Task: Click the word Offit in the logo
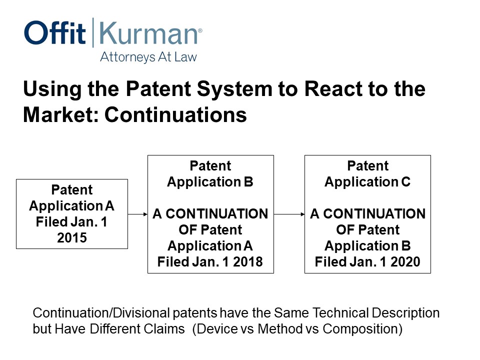(x=55, y=32)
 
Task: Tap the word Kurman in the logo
(x=148, y=33)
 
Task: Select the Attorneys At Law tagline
(x=148, y=57)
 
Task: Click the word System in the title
(x=234, y=89)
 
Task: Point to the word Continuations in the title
(x=175, y=115)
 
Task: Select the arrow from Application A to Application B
(x=138, y=214)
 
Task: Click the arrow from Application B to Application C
(x=289, y=214)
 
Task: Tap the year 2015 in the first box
(x=72, y=238)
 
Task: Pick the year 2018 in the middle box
(x=248, y=262)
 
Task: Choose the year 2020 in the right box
(x=405, y=262)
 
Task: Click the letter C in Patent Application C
(x=405, y=182)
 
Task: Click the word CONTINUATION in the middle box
(x=216, y=214)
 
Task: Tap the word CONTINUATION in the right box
(x=374, y=214)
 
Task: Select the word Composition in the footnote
(x=362, y=329)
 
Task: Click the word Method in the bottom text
(x=280, y=329)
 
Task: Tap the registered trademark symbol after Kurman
(x=200, y=30)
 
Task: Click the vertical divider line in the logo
(x=93, y=32)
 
